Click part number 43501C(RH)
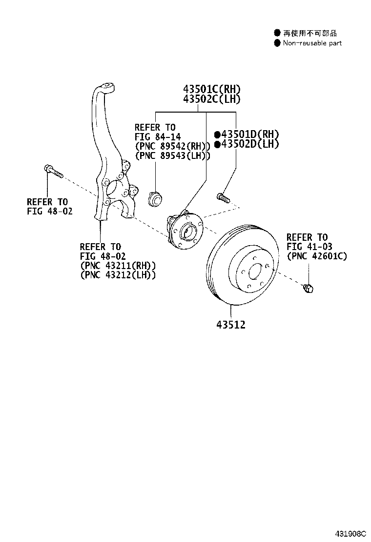212,89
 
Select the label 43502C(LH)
212,99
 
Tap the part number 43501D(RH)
249,134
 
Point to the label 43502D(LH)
249,144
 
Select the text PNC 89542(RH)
172,146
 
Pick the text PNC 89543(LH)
172,155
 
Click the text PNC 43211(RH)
118,266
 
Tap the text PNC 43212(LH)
118,275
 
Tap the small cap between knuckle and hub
154,198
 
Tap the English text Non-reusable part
312,43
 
